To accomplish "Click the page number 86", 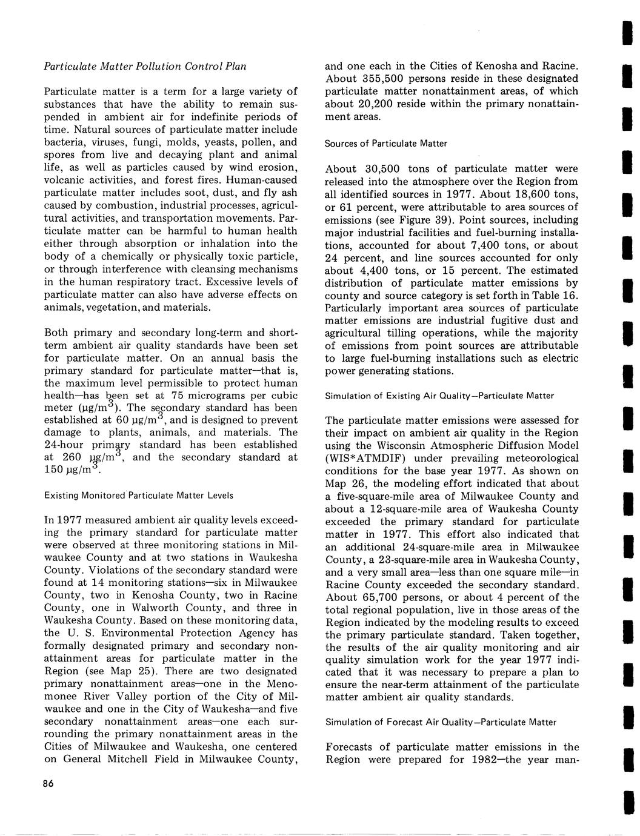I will [x=49, y=784].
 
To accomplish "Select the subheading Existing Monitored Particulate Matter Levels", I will [x=138, y=496].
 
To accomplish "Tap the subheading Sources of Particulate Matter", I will [x=386, y=144].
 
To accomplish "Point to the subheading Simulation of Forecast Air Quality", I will [x=441, y=722].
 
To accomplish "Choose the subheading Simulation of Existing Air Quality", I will [x=439, y=396].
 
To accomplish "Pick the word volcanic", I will [x=66, y=181].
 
